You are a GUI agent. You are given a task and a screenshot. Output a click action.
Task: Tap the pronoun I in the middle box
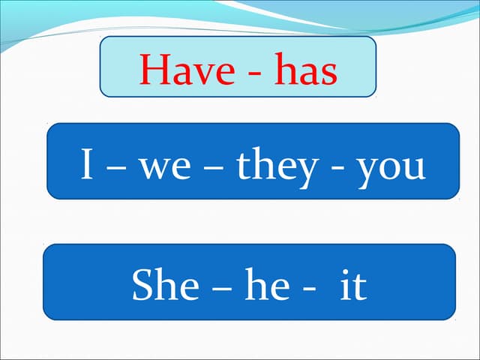[x=87, y=166]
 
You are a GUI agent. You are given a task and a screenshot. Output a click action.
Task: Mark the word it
[x=352, y=286]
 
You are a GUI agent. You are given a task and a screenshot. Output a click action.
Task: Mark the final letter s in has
[x=328, y=73]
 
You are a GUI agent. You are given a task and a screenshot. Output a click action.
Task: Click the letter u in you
[x=413, y=169]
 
